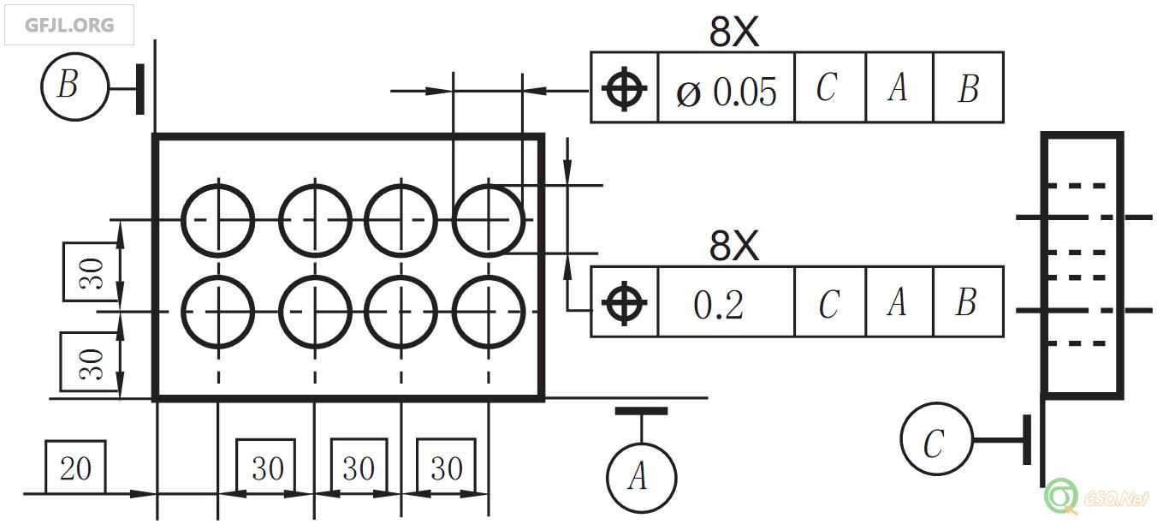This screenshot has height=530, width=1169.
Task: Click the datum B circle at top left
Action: coord(74,86)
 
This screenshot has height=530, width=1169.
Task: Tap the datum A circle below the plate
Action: coord(641,478)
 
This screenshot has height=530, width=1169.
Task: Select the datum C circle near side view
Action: coord(936,439)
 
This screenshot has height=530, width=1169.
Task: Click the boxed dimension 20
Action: coord(75,467)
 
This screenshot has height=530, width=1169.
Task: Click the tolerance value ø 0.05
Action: coord(727,89)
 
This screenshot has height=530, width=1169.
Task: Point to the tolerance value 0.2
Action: coord(719,304)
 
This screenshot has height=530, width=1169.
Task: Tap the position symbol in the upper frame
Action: coord(624,88)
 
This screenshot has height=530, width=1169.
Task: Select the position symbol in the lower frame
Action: coord(624,302)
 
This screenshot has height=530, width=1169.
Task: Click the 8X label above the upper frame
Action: coord(733,32)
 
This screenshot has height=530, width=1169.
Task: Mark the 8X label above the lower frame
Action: coord(733,246)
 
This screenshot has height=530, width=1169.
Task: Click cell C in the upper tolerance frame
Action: coord(828,88)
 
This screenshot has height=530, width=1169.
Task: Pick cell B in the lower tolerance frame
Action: coord(967,302)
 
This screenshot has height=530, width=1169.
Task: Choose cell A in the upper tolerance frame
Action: coord(898,88)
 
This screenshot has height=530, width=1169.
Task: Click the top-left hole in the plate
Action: coord(218,219)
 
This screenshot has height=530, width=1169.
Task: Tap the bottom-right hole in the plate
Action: coord(488,312)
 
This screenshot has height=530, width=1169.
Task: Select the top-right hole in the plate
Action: coord(488,219)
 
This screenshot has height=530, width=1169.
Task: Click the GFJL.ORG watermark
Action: coord(69,25)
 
